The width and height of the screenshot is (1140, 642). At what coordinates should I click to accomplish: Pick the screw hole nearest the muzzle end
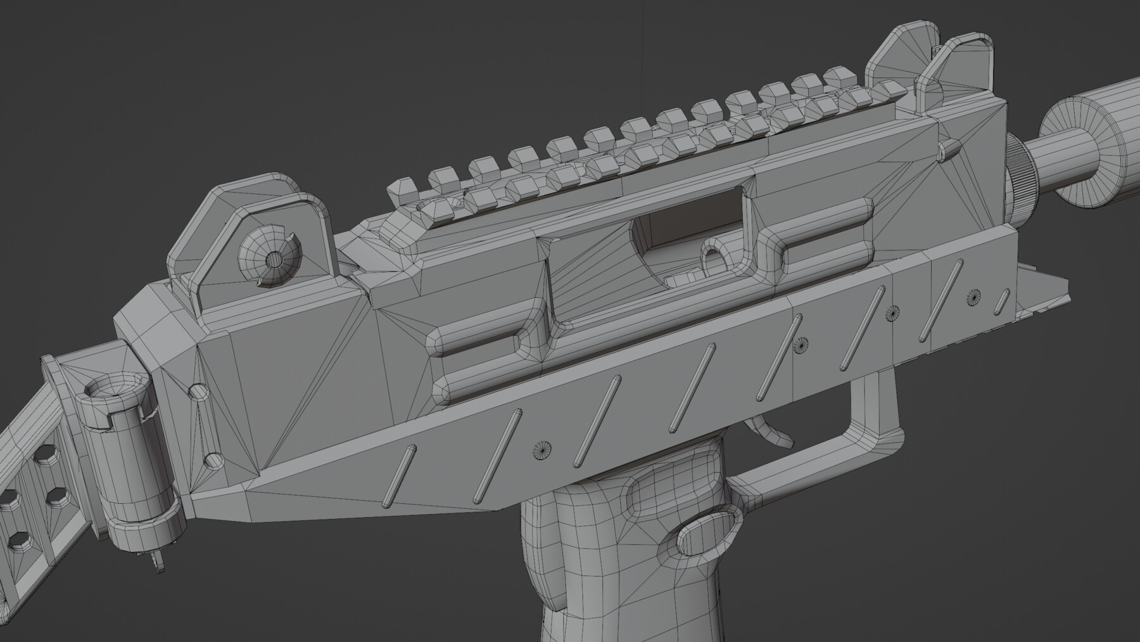[973, 296]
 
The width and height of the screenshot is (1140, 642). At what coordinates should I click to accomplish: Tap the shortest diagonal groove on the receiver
[1003, 301]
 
